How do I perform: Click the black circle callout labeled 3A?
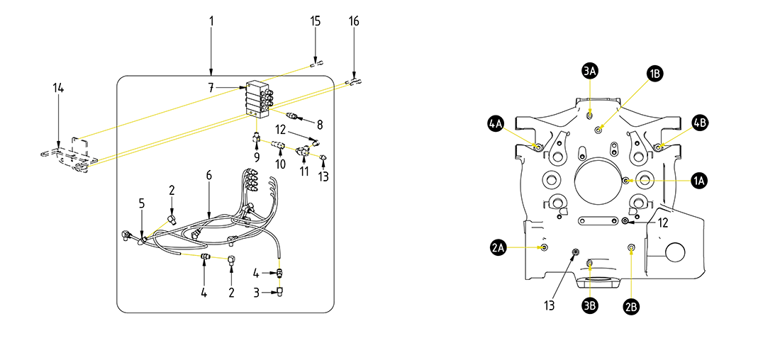[590, 71]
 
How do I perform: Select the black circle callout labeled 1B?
[654, 73]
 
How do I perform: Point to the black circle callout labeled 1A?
[699, 181]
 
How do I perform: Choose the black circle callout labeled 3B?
[590, 305]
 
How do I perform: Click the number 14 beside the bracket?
[58, 88]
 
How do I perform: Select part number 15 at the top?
[316, 21]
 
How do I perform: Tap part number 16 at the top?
[354, 21]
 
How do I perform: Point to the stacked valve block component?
[258, 99]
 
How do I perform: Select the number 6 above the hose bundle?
[209, 174]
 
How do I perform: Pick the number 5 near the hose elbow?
[142, 203]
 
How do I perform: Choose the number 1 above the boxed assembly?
[211, 21]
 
